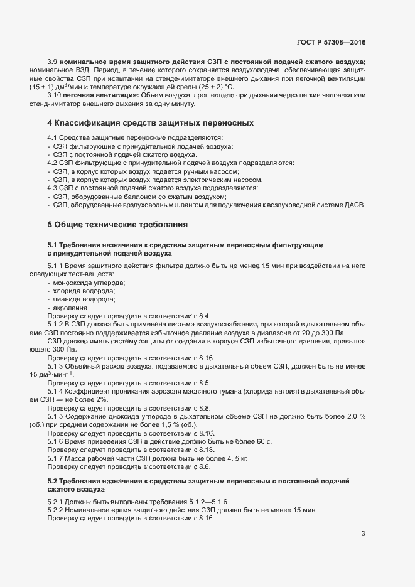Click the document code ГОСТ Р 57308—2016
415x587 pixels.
(x=330, y=42)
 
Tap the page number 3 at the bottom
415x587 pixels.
(x=363, y=534)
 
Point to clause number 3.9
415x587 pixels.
(x=53, y=63)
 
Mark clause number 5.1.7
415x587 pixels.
(x=57, y=459)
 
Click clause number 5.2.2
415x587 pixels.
(x=57, y=510)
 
